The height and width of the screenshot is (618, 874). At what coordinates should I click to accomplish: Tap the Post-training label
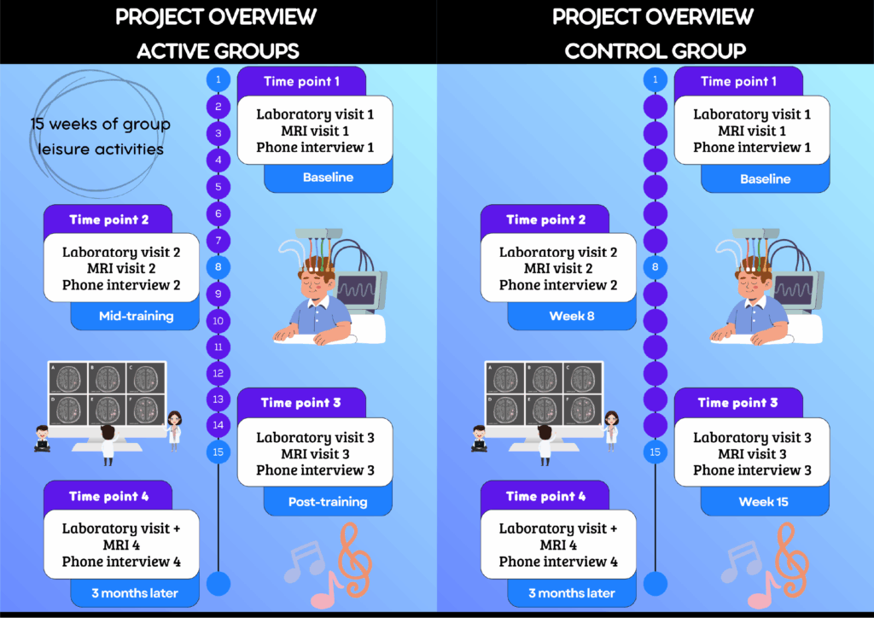tap(328, 502)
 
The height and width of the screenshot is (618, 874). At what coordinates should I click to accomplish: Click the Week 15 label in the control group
tap(764, 502)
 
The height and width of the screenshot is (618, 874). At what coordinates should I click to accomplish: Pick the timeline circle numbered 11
tap(218, 347)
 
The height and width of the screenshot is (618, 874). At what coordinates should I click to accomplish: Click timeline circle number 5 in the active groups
tap(218, 187)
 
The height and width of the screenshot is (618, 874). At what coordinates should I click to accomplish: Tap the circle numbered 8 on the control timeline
tap(655, 267)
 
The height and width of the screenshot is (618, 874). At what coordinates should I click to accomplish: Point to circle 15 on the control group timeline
tap(655, 452)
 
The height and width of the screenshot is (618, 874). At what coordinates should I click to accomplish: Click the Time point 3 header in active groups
tap(300, 403)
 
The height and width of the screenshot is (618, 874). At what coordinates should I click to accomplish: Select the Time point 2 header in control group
tap(545, 219)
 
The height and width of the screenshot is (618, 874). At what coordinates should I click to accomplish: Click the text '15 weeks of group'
tap(101, 125)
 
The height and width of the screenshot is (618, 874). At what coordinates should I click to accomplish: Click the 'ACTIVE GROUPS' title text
tap(218, 50)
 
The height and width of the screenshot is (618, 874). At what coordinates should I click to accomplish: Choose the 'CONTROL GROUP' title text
tap(655, 50)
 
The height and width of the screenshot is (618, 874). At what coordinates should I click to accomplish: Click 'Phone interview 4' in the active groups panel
tap(121, 562)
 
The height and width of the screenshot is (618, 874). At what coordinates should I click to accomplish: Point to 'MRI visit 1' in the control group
tap(752, 131)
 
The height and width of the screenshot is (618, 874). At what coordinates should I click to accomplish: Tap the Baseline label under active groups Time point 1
tap(328, 178)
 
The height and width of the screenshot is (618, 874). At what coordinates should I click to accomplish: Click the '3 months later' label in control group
tap(572, 593)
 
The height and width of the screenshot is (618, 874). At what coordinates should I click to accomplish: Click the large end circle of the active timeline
tap(218, 584)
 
